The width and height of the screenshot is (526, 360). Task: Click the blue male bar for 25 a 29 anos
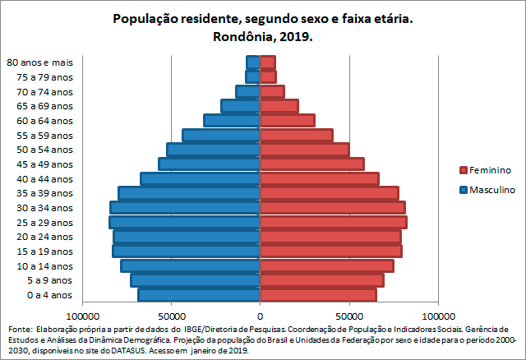185,222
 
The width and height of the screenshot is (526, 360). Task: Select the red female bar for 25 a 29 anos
333,222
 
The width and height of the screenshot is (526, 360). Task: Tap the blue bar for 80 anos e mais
253,62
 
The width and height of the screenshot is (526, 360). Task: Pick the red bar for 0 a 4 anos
318,294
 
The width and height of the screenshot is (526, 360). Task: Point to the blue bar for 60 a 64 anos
232,120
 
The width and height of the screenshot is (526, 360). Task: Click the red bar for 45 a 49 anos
311,164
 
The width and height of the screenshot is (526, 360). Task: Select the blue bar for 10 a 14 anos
191,265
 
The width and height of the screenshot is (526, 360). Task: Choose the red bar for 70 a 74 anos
272,91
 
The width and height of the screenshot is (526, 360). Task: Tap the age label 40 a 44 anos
50,178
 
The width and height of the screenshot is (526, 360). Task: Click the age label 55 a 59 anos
50,135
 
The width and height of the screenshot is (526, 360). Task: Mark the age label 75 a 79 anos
50,77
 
